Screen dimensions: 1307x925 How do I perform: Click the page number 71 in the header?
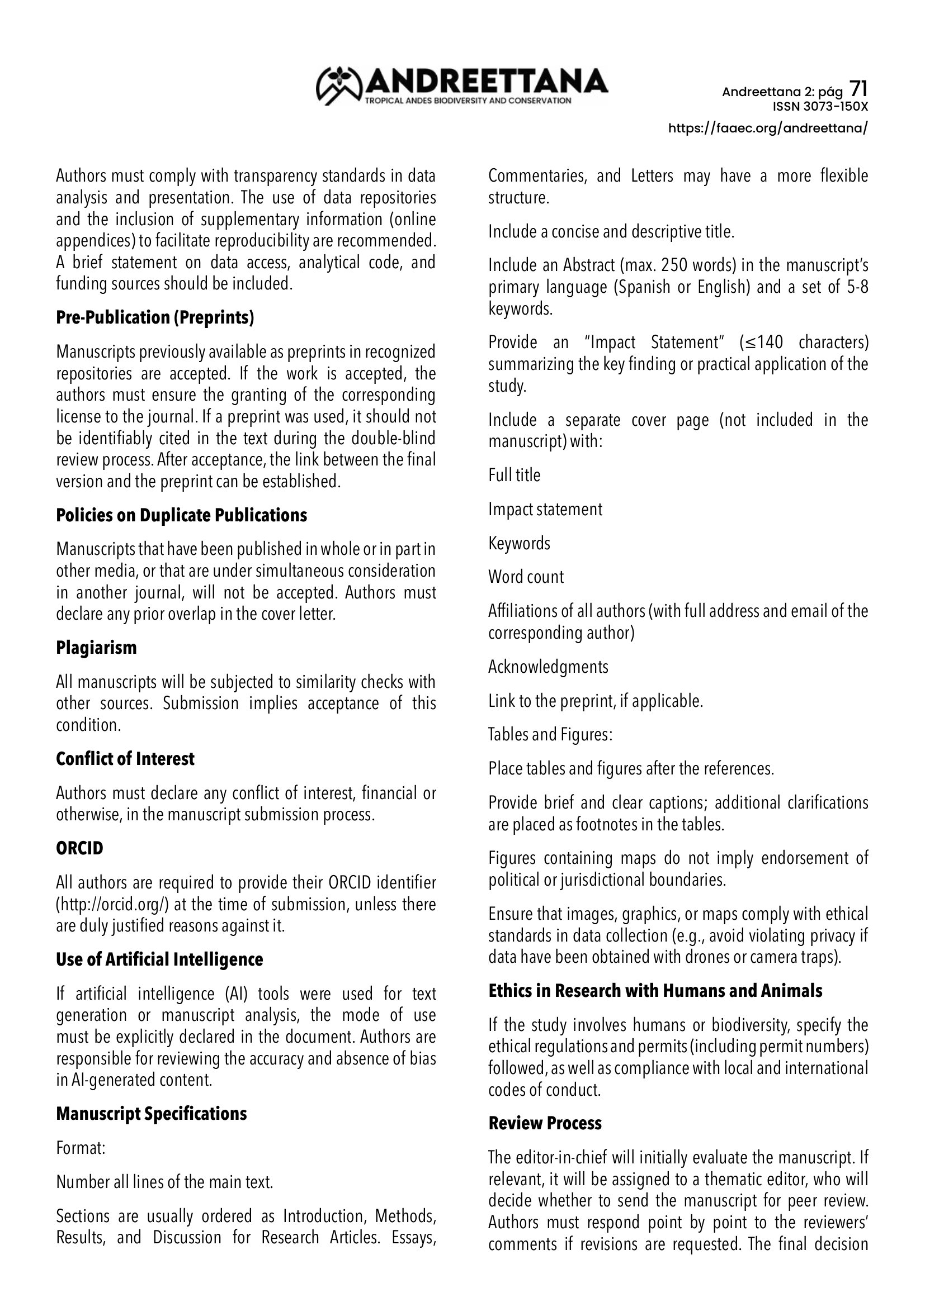858,89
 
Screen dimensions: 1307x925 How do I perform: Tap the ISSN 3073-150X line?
820,107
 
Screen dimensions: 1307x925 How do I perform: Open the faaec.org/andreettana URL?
768,128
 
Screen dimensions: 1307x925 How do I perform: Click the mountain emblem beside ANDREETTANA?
339,85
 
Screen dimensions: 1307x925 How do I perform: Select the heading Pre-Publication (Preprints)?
155,317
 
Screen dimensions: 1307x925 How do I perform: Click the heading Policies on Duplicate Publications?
181,515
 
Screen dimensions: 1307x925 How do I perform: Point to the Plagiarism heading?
96,648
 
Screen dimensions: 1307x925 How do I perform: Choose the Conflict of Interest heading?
125,759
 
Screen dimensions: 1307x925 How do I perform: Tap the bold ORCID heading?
80,848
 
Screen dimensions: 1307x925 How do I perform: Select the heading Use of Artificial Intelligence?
159,959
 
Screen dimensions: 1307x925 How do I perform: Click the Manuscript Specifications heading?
152,1114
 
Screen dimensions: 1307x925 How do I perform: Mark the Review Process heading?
545,1123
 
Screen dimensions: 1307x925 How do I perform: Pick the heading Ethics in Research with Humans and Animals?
655,991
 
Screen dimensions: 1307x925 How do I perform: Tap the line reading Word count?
526,577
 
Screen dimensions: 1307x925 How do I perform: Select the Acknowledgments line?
548,667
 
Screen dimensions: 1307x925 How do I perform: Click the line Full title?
515,476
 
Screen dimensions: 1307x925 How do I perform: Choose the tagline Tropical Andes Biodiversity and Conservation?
468,101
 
